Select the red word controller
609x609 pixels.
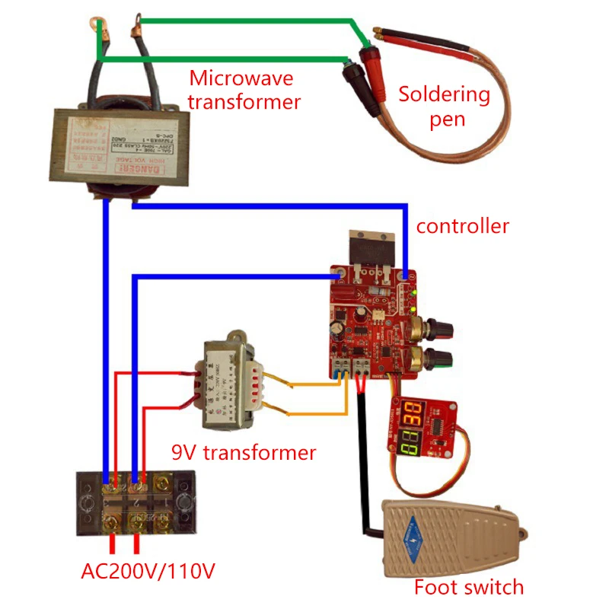(x=462, y=226)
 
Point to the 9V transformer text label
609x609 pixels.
(x=243, y=453)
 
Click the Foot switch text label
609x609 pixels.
(x=469, y=587)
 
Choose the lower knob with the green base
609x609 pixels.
(x=439, y=356)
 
